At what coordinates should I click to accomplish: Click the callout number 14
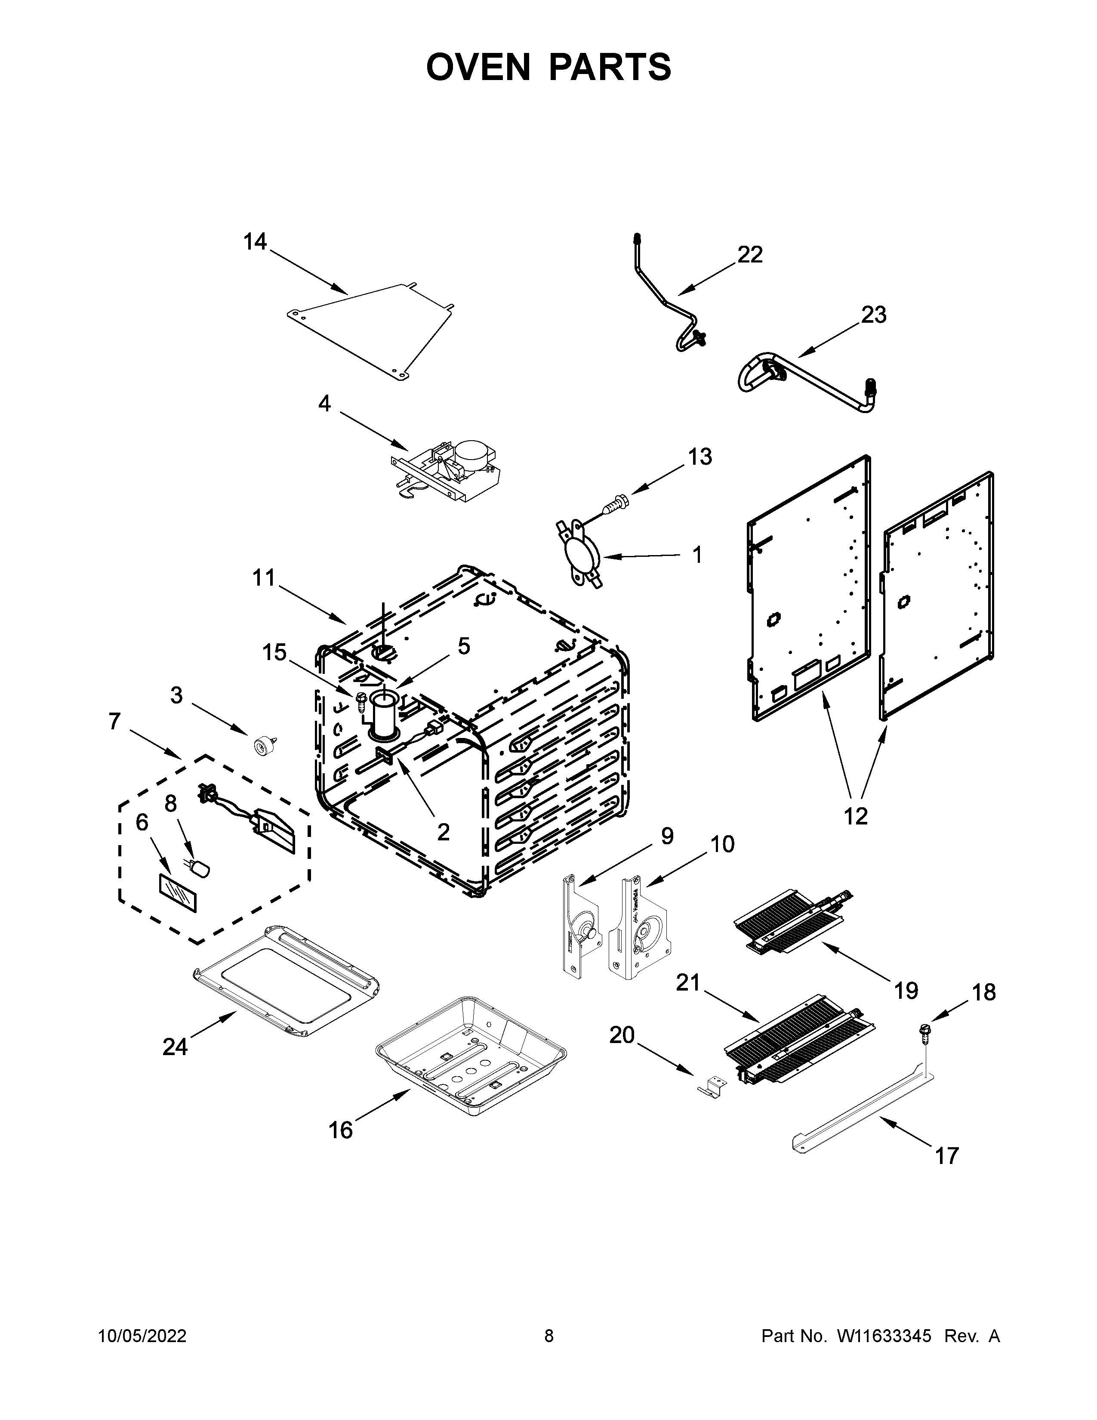tap(255, 242)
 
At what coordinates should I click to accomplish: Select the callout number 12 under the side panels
tap(855, 815)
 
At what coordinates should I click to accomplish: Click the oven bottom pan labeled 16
tap(471, 1053)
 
